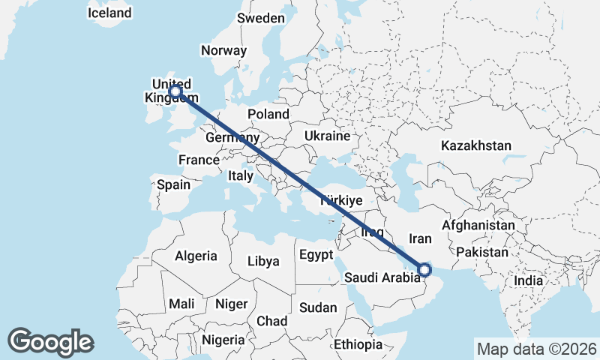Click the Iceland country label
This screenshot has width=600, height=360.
(x=109, y=13)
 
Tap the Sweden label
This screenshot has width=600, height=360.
(x=260, y=18)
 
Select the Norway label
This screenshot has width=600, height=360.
(x=223, y=51)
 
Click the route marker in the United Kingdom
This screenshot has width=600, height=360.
(x=175, y=91)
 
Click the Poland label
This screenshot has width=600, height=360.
(x=268, y=114)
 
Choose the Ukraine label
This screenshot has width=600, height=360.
(x=327, y=136)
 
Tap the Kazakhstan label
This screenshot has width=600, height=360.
(x=475, y=145)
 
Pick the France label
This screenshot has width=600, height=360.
(x=199, y=160)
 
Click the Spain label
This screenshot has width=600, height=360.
(x=173, y=184)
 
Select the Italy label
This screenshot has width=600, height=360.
(x=240, y=175)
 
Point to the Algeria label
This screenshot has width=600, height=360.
(x=196, y=256)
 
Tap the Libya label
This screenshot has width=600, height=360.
(x=263, y=262)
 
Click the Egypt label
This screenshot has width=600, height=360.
(x=316, y=255)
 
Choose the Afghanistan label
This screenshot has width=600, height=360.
(x=478, y=225)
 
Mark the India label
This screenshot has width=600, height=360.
(x=528, y=280)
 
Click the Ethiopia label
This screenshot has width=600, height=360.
(x=358, y=345)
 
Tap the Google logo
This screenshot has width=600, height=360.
(x=50, y=342)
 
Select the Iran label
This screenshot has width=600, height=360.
(x=420, y=239)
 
